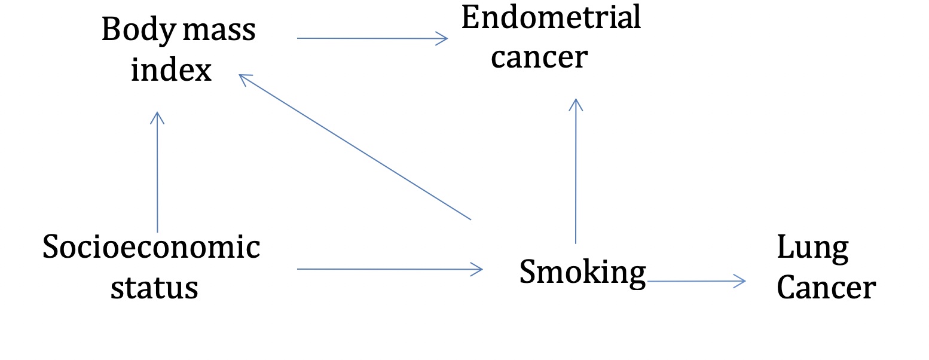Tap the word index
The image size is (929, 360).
pos(171,71)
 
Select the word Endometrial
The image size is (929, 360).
pos(551,18)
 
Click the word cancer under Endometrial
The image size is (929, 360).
pos(539,57)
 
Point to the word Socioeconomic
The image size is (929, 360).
pos(151,247)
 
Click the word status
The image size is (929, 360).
pos(154,287)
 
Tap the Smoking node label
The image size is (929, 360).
pos(582,273)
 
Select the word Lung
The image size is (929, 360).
pos(812,248)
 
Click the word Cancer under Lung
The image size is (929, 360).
pos(826,288)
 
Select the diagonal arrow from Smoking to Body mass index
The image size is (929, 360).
pos(356,147)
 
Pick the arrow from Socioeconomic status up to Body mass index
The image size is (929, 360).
pos(157,173)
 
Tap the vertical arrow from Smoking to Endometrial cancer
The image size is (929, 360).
pos(576,170)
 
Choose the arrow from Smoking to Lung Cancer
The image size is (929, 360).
pos(696,280)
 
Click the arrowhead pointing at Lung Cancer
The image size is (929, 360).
pos(741,280)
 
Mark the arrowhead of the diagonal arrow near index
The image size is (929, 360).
pos(244,77)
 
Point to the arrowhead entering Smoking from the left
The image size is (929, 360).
pos(478,269)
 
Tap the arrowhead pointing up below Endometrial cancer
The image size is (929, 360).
pos(575,103)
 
